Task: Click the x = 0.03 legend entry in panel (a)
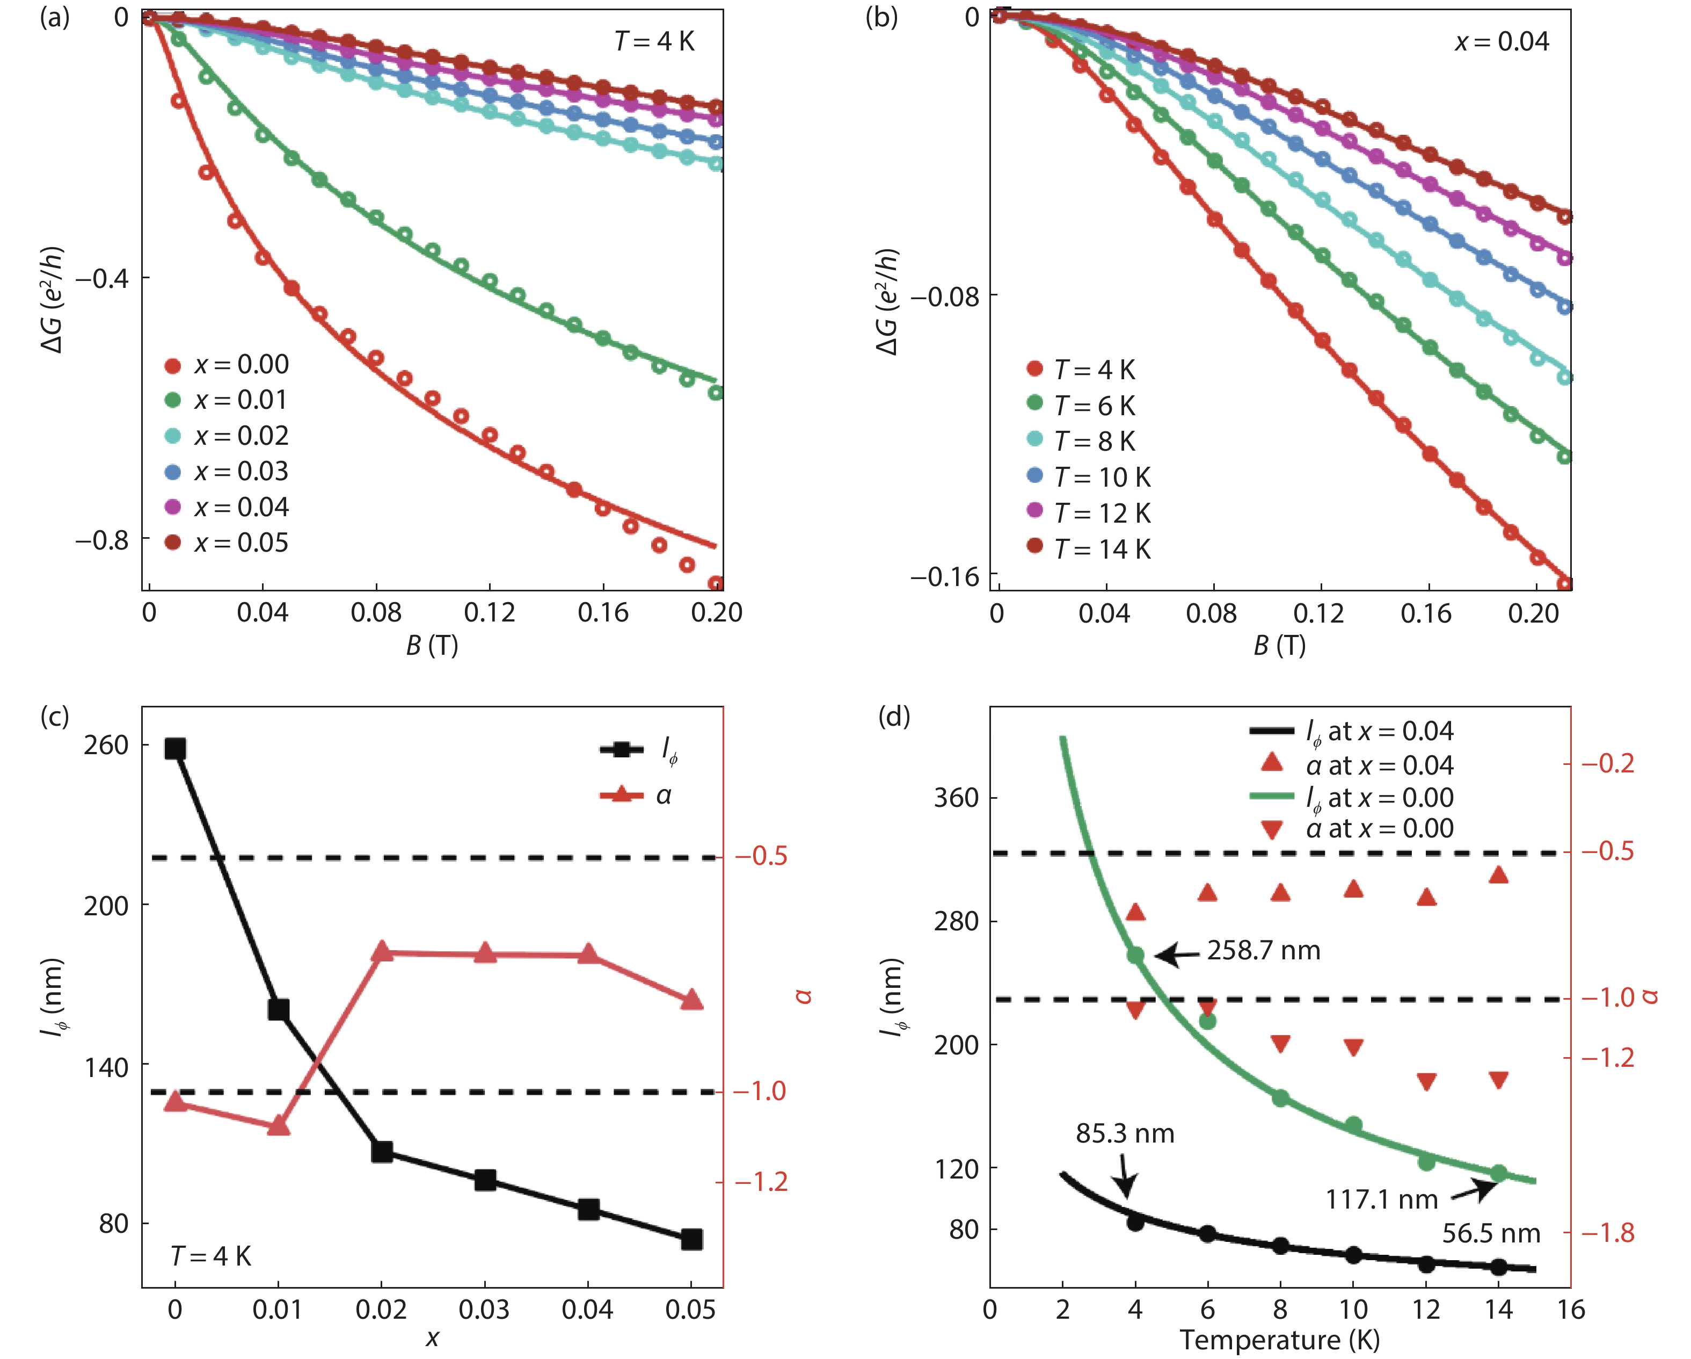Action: [228, 472]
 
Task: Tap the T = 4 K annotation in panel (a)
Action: [654, 41]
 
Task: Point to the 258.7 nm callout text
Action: [1264, 950]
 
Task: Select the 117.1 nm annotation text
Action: [1381, 1199]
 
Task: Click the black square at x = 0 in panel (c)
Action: [175, 749]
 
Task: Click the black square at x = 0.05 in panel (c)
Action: [691, 1239]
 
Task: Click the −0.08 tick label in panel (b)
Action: [944, 297]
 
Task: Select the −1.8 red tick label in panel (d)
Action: [1607, 1233]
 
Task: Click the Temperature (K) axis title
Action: [1279, 1339]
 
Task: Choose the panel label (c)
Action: [55, 715]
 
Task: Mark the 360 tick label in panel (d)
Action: [956, 798]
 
